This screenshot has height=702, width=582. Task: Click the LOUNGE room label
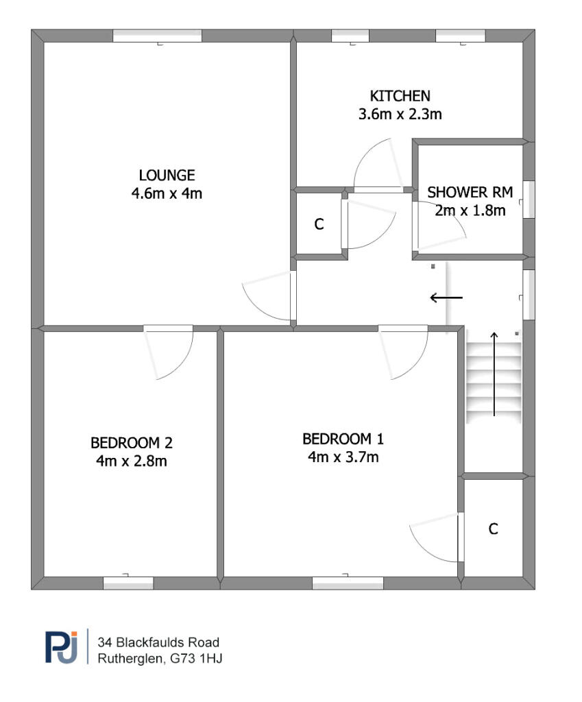pyautogui.click(x=167, y=175)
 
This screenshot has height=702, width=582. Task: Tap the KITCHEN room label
pyautogui.click(x=400, y=96)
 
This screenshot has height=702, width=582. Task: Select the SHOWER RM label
pyautogui.click(x=470, y=193)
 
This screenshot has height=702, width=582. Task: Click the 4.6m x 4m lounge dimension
pyautogui.click(x=167, y=194)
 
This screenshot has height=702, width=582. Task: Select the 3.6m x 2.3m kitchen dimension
pyautogui.click(x=400, y=114)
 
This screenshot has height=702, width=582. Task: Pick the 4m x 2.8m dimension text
pyautogui.click(x=131, y=461)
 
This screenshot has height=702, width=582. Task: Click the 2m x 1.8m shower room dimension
pyautogui.click(x=470, y=210)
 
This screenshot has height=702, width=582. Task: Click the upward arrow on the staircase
pyautogui.click(x=494, y=374)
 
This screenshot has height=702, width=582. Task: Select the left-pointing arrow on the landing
pyautogui.click(x=446, y=298)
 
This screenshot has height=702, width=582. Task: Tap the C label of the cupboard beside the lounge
pyautogui.click(x=319, y=224)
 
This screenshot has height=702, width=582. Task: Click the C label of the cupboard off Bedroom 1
pyautogui.click(x=493, y=529)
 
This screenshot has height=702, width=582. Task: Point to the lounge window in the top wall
pyautogui.click(x=158, y=36)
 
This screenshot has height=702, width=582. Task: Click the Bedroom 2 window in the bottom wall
pyautogui.click(x=128, y=583)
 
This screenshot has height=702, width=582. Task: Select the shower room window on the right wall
pyautogui.click(x=529, y=199)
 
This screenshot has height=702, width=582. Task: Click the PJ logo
pyautogui.click(x=62, y=647)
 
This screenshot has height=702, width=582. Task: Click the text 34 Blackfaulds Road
pyautogui.click(x=158, y=642)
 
